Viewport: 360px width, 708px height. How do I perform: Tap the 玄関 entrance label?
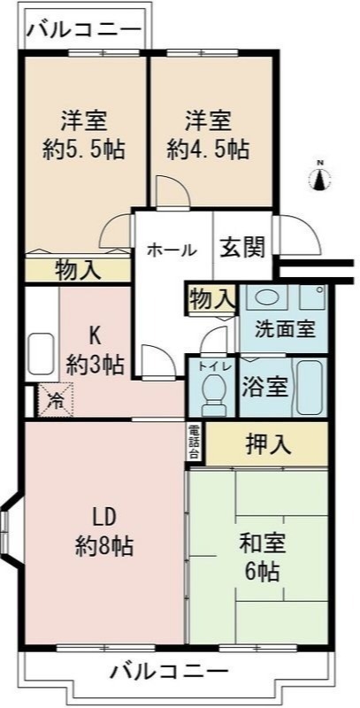coord(242,249)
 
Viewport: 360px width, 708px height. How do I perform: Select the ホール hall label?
coord(172,250)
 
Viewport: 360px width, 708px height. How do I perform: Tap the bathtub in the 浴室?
coord(310,387)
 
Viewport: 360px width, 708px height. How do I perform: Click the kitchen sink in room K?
coord(42,354)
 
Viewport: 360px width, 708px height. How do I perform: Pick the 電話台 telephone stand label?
coord(194,442)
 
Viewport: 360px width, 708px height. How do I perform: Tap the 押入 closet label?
coord(267,443)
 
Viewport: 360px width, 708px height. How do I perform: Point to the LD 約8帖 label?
coord(104,531)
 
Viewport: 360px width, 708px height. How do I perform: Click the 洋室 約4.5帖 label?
coord(209,133)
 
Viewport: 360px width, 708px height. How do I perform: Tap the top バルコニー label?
coord(83,30)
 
